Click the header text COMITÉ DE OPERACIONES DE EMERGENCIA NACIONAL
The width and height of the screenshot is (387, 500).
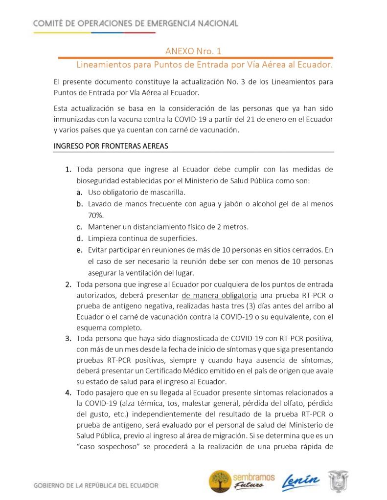click(136, 23)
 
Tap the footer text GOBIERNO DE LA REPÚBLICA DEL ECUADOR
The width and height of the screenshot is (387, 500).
click(95, 486)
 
